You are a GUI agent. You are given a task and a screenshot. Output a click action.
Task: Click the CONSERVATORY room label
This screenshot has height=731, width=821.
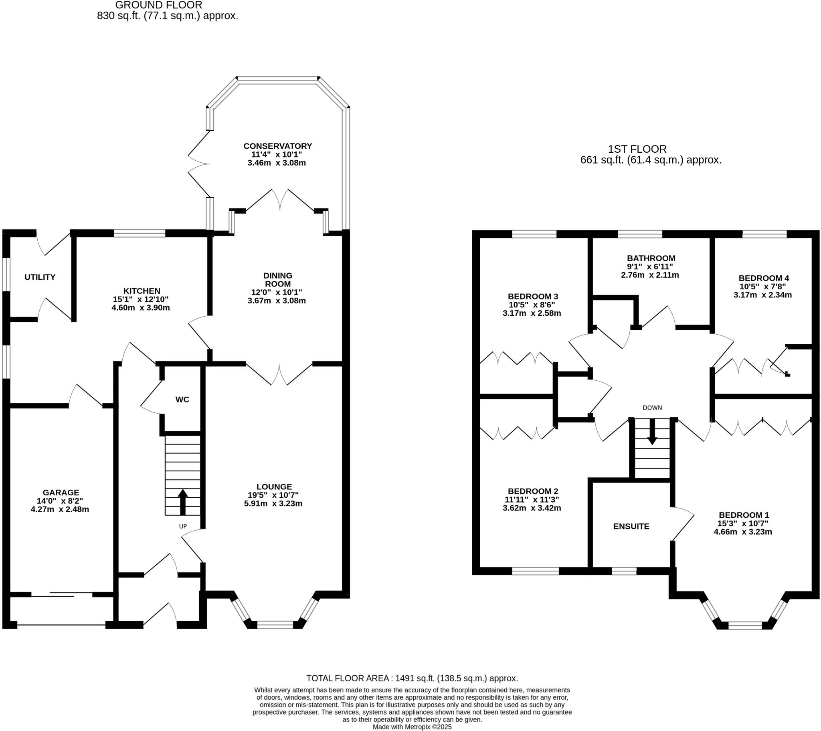pos(277,146)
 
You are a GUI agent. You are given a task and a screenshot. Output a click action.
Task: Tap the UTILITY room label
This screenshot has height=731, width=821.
pos(40,277)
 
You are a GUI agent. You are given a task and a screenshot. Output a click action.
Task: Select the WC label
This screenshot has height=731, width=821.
pos(182,400)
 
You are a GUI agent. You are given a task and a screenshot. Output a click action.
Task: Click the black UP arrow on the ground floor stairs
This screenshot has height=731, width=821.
pos(183,501)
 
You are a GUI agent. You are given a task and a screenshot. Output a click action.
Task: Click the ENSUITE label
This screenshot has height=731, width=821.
pos(631,526)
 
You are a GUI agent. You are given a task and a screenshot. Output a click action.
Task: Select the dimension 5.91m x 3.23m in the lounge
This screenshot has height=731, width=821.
pos(273,504)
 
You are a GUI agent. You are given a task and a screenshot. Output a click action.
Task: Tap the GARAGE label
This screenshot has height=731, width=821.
pos(61,493)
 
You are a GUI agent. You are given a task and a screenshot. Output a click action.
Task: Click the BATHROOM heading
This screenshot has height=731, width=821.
pos(651,258)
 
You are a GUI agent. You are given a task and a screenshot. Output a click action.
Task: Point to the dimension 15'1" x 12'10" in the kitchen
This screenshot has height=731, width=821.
pos(141,299)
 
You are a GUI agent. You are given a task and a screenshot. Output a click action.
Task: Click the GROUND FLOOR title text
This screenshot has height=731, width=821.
pos(159,5)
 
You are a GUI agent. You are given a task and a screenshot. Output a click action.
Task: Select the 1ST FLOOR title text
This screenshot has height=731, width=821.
pos(637,149)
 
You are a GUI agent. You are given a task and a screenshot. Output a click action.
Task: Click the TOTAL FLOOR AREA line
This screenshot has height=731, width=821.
pos(412,678)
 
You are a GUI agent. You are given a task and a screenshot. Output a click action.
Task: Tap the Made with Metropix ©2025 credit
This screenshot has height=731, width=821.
pos(412,727)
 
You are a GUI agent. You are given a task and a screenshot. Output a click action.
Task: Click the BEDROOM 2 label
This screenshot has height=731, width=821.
pos(533,491)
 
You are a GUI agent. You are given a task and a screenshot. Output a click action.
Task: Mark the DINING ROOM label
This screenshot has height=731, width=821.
pos(277,280)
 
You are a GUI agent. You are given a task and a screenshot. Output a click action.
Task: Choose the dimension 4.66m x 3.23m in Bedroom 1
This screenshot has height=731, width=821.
pos(743,532)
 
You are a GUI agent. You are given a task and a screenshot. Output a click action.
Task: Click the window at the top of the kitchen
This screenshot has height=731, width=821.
pos(140,233)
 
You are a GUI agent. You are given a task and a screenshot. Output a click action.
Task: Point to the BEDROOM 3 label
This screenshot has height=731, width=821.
pos(533,297)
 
